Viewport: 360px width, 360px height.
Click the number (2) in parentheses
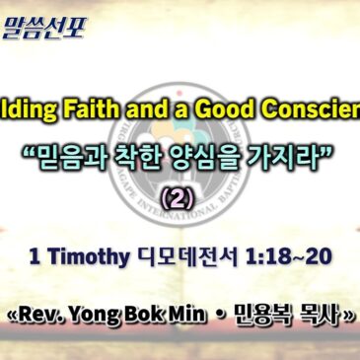coord(180,200)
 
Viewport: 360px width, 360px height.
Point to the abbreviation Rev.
coord(42,319)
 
